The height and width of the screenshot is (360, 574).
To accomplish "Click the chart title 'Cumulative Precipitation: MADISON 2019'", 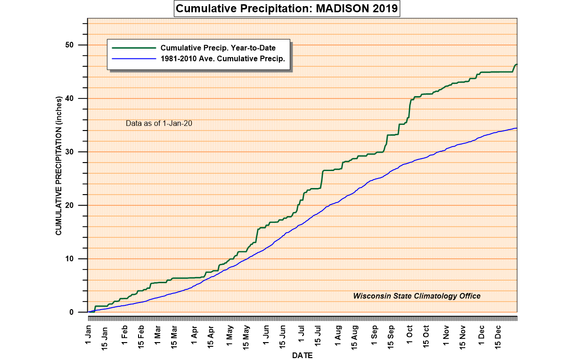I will [x=287, y=9].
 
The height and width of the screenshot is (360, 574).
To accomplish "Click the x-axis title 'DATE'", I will [x=302, y=355].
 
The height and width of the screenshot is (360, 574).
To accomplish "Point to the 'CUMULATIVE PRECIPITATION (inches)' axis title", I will [x=59, y=165].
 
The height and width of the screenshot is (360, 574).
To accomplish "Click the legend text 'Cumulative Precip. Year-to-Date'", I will [x=218, y=48].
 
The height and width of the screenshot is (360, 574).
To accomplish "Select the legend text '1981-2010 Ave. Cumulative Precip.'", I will [x=223, y=58].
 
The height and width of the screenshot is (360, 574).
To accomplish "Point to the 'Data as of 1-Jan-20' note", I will [x=158, y=123].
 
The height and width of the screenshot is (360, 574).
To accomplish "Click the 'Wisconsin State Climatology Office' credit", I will [x=417, y=296].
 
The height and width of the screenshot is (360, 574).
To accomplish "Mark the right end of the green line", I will [x=517, y=65].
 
